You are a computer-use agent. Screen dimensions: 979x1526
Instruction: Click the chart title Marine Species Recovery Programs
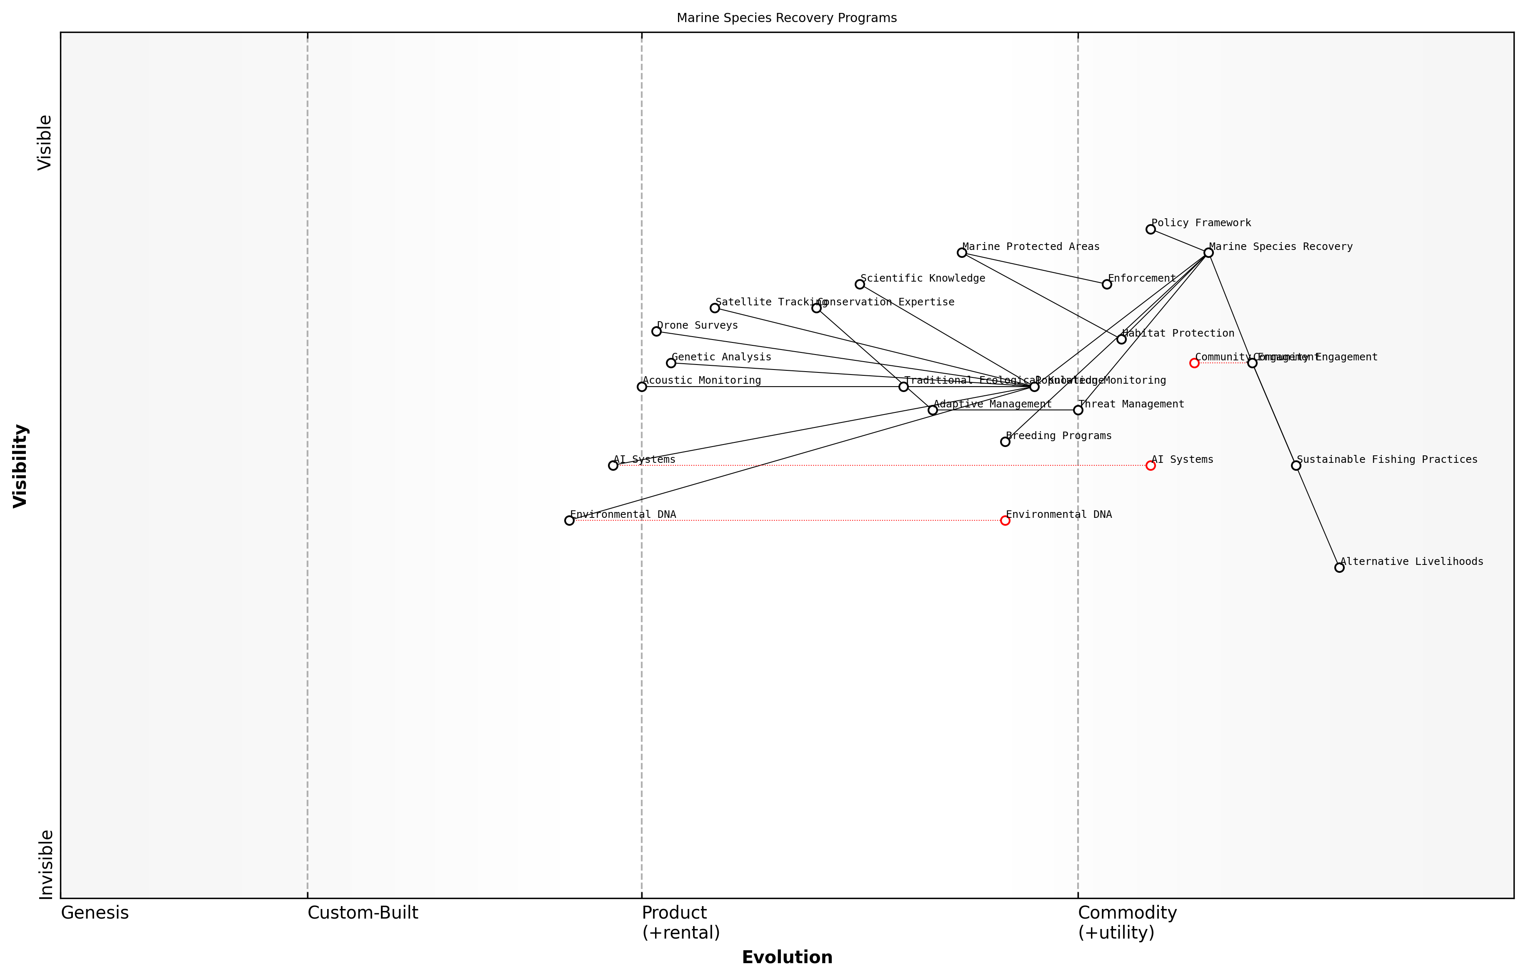tap(786, 18)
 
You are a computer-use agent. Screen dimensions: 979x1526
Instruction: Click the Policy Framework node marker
tap(1150, 229)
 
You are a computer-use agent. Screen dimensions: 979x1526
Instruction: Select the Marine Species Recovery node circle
tap(1208, 252)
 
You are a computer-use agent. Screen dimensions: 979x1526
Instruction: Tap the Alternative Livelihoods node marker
tap(1339, 567)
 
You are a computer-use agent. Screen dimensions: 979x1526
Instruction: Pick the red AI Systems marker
tap(1150, 465)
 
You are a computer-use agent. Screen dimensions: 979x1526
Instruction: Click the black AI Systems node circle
tap(613, 465)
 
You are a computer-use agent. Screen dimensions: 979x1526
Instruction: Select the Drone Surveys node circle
tap(656, 331)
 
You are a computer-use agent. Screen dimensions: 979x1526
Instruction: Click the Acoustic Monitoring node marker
tap(642, 387)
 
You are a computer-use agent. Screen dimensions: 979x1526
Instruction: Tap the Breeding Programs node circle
tap(1005, 441)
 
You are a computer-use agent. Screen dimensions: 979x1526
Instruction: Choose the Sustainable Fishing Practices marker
tap(1296, 465)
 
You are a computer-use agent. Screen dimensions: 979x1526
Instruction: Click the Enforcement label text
tap(1141, 278)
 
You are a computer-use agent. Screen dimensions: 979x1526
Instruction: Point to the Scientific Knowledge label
tap(923, 278)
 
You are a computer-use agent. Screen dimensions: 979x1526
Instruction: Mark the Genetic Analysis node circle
tap(671, 363)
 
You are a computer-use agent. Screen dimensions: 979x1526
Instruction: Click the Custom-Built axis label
tap(363, 913)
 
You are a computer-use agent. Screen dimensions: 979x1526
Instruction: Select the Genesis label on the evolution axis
tap(95, 913)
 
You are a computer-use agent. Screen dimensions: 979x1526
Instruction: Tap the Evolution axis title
tap(786, 957)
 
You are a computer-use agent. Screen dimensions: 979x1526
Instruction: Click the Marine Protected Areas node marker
tap(961, 252)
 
